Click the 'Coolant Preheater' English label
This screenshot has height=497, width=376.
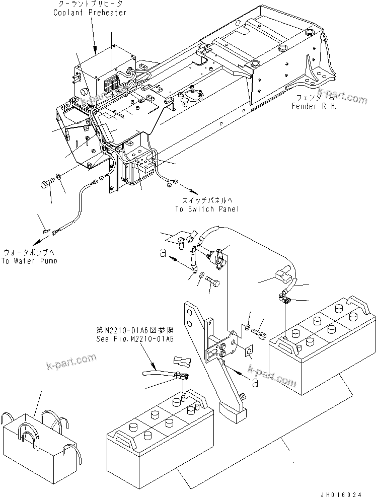pyautogui.click(x=90, y=13)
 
